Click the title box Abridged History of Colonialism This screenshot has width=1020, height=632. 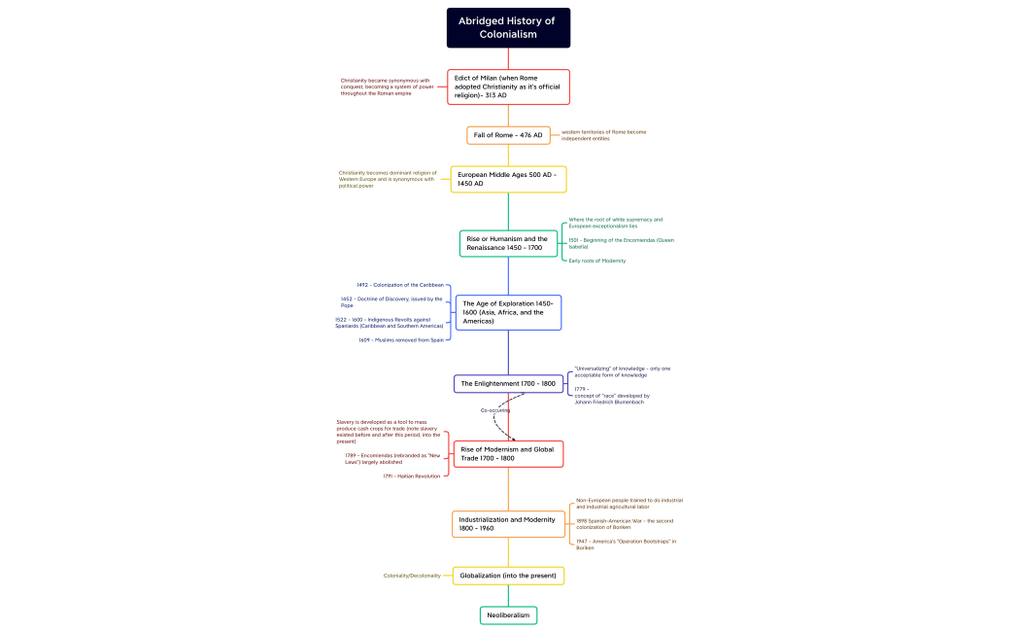[508, 27]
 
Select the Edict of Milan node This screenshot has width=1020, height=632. [508, 87]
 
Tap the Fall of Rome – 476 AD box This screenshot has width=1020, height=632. [508, 135]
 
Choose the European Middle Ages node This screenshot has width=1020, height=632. [508, 179]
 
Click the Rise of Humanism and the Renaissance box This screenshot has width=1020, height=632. [508, 243]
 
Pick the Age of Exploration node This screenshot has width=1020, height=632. [508, 312]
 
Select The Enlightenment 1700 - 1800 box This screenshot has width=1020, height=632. [508, 384]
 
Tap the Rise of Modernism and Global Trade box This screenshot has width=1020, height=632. [508, 454]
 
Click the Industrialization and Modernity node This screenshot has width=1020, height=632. [508, 524]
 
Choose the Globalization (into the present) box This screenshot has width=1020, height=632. [508, 576]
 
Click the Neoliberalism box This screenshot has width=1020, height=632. [508, 615]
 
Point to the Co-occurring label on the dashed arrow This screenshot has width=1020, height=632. [495, 410]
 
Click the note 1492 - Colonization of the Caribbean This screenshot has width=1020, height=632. [400, 285]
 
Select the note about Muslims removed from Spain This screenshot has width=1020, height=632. [400, 340]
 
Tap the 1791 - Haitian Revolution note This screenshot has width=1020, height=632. [411, 476]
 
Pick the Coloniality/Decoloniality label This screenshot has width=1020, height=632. [412, 576]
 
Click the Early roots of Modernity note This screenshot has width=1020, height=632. [597, 261]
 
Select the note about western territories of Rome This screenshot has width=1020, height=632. [603, 135]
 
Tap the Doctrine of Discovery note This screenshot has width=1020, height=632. [391, 302]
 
